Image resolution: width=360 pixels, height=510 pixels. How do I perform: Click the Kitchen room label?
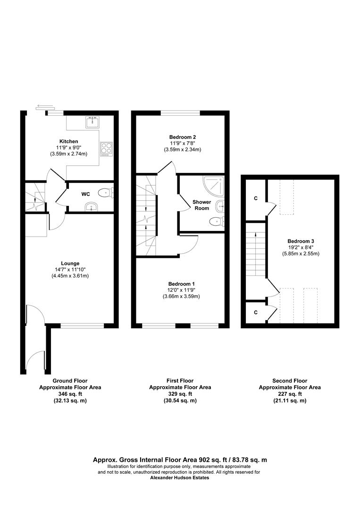coord(68,142)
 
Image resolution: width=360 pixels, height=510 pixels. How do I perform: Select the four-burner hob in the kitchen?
coord(106,149)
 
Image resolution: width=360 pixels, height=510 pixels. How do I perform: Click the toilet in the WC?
coord(107,193)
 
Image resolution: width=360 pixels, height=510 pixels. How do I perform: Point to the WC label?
coord(85,194)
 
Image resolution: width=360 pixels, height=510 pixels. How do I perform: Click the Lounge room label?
coord(70,263)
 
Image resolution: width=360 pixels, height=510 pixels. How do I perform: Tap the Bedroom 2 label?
coord(182,137)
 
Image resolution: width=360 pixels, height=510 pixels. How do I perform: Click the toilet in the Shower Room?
coord(217,222)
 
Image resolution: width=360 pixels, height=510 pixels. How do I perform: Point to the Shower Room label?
coord(202,205)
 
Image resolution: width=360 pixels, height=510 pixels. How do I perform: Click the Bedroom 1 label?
coord(181,284)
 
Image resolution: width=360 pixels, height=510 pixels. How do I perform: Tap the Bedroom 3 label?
coord(301,241)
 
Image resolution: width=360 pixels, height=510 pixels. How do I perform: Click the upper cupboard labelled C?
coord(256,198)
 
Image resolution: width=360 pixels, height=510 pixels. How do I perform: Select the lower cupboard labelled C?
coord(256,312)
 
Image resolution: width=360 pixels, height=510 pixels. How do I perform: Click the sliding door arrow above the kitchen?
coord(45,106)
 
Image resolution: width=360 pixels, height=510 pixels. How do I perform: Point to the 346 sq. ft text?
coord(70,394)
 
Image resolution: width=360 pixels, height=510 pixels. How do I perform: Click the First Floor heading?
coord(180,381)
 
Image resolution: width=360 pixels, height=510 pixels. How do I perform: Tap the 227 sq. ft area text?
coord(290,394)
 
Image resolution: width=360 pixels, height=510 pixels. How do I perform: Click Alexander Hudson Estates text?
coord(180,478)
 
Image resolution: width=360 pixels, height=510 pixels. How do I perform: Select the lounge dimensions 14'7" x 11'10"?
coord(70,269)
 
